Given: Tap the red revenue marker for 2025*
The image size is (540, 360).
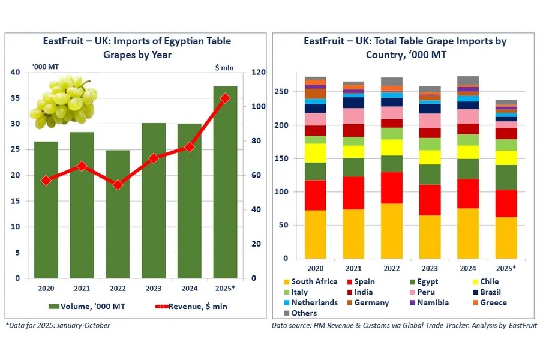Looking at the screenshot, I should [x=225, y=98].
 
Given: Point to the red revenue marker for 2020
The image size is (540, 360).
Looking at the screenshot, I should [x=46, y=180].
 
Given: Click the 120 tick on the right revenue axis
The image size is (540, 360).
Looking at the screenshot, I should [x=257, y=73].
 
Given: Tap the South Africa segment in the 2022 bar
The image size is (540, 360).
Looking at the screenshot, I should [x=392, y=231].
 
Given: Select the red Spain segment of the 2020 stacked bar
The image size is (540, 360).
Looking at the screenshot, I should [x=315, y=195].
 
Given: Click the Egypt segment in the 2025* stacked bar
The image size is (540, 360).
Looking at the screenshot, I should [x=506, y=178].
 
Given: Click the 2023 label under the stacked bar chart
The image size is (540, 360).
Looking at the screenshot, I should [x=430, y=268].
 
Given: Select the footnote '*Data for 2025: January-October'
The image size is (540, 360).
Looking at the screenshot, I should [x=58, y=326].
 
